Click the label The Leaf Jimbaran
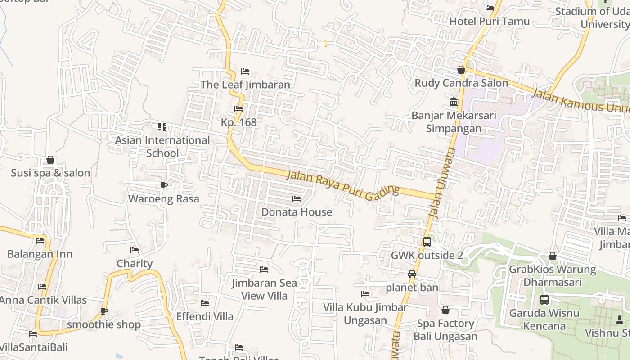[x=245, y=85]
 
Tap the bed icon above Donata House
[x=297, y=199]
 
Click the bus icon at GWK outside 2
[x=427, y=242]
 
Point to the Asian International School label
[x=162, y=147]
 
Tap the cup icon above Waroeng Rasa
[x=164, y=185]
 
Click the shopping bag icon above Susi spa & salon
[x=50, y=160]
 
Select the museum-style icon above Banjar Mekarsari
[x=454, y=102]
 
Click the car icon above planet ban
[x=412, y=274]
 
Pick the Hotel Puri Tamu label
[x=490, y=21]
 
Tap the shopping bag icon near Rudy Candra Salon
[x=461, y=70]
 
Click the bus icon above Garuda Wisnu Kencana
[x=544, y=300]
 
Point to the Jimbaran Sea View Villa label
[x=264, y=289]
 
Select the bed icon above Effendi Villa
[x=205, y=303]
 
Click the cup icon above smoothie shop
[x=104, y=311]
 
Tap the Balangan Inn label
[x=40, y=254]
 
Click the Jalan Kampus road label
[x=580, y=101]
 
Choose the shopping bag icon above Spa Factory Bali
[x=445, y=310]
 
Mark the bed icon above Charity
[x=135, y=250]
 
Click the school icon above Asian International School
[x=162, y=127]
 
